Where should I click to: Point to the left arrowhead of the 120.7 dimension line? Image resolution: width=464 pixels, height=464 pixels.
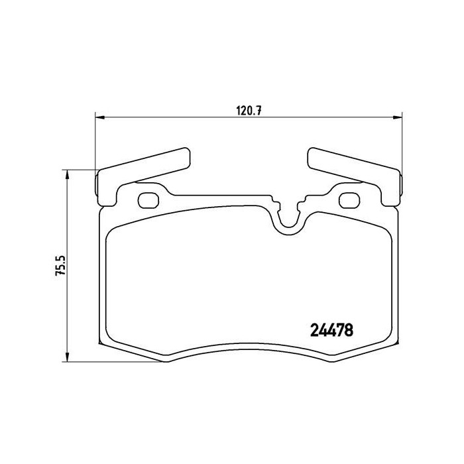pos(100,118)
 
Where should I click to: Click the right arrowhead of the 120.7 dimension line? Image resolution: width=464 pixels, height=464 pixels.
pos(397,118)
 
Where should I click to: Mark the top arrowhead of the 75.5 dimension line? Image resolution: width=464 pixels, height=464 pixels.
pos(67,173)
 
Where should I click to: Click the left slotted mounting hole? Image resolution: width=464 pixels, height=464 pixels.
pos(149,199)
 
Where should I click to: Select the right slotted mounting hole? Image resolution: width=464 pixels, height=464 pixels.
pos(348,199)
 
